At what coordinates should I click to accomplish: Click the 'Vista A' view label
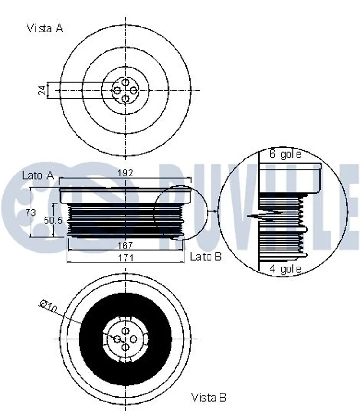(x=45, y=28)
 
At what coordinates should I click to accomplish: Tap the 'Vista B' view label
(x=209, y=398)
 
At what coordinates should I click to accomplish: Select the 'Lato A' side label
(x=38, y=176)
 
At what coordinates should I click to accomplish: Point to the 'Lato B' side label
(x=206, y=257)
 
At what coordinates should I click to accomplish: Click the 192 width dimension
(x=125, y=173)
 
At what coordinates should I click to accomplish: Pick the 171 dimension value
(x=126, y=258)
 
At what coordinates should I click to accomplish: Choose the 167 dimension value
(x=125, y=245)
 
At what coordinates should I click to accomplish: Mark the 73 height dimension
(x=31, y=212)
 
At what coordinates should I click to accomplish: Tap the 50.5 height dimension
(x=53, y=220)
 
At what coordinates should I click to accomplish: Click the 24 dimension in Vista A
(x=42, y=90)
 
